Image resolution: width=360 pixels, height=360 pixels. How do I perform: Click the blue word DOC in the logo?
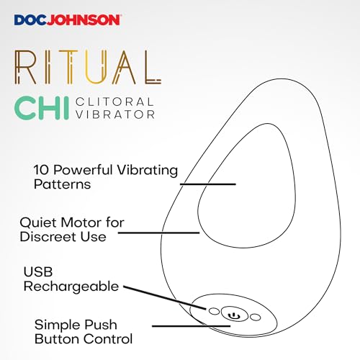(x=30, y=20)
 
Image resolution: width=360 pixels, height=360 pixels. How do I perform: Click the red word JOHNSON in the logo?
(x=83, y=20)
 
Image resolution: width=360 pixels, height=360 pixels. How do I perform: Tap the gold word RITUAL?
(x=88, y=67)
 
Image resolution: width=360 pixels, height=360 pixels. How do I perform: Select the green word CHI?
(x=42, y=108)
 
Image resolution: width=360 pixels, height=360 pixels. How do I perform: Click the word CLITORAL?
(x=114, y=102)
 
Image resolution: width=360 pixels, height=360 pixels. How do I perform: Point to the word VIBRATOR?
(x=115, y=114)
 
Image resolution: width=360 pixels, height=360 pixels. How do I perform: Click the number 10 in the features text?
(x=41, y=170)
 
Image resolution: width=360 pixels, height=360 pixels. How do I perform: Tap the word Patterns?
(x=62, y=184)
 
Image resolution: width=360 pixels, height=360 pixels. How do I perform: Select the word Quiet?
(x=38, y=222)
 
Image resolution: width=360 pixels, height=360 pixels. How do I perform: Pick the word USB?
(x=38, y=271)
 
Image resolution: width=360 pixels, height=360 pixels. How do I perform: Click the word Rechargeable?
(x=71, y=287)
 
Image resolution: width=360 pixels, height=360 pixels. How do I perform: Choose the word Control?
(x=108, y=338)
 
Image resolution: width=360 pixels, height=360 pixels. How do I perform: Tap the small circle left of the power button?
(x=214, y=311)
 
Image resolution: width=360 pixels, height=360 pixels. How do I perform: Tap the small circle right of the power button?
(x=255, y=318)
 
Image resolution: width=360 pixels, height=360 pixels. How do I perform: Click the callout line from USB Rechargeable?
(x=165, y=297)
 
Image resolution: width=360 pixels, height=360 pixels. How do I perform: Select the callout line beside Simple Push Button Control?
(x=192, y=326)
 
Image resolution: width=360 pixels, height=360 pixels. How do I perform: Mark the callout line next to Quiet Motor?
(x=158, y=233)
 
